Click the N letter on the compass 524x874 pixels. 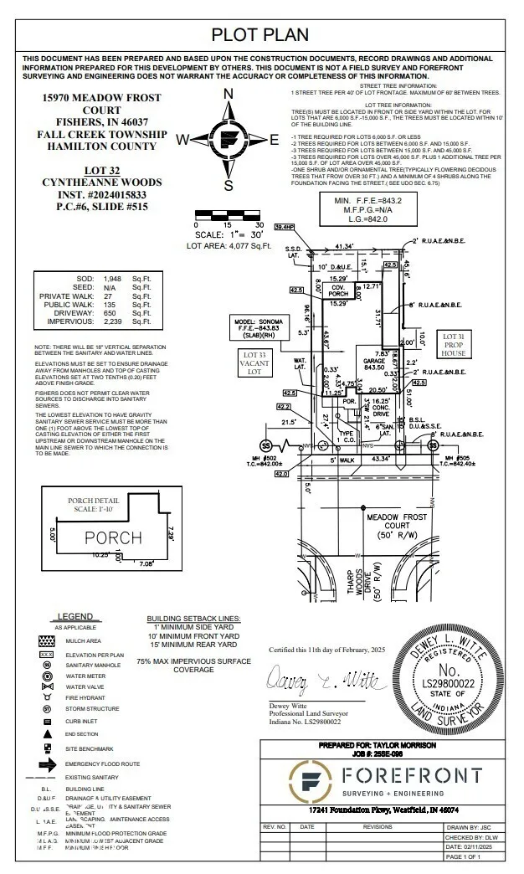pyautogui.click(x=228, y=94)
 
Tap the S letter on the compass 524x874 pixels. pyautogui.click(x=228, y=185)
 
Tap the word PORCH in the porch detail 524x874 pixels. pyautogui.click(x=113, y=536)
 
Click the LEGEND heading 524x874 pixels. pyautogui.click(x=81, y=615)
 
